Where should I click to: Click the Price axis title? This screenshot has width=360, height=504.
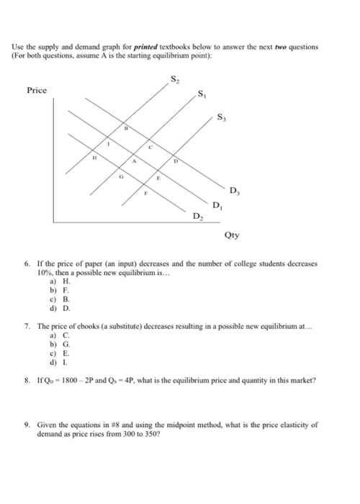[36, 90]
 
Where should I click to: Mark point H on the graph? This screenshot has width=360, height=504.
[93, 157]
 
